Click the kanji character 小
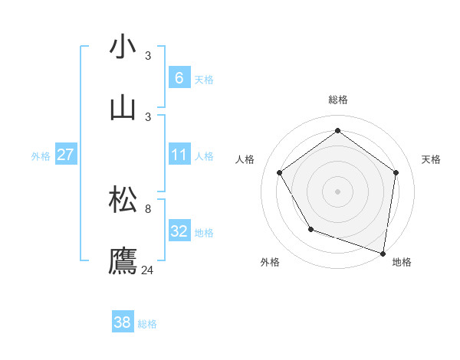click(x=123, y=47)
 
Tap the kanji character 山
click(x=123, y=108)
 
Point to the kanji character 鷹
click(x=123, y=260)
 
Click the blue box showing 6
click(x=179, y=77)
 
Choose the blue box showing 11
click(x=179, y=155)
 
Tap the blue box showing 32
click(x=179, y=231)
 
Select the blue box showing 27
click(x=66, y=155)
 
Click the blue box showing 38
click(x=123, y=322)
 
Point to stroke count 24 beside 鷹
click(x=148, y=270)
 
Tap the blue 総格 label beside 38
click(x=147, y=324)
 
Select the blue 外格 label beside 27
click(x=41, y=156)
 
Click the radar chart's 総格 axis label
click(x=338, y=100)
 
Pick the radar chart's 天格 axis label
click(x=431, y=159)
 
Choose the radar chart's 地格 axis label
click(x=402, y=262)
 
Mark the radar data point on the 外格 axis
click(x=310, y=229)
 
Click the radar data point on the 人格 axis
click(x=280, y=172)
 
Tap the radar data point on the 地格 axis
click(x=383, y=253)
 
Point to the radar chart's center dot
click(x=338, y=191)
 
